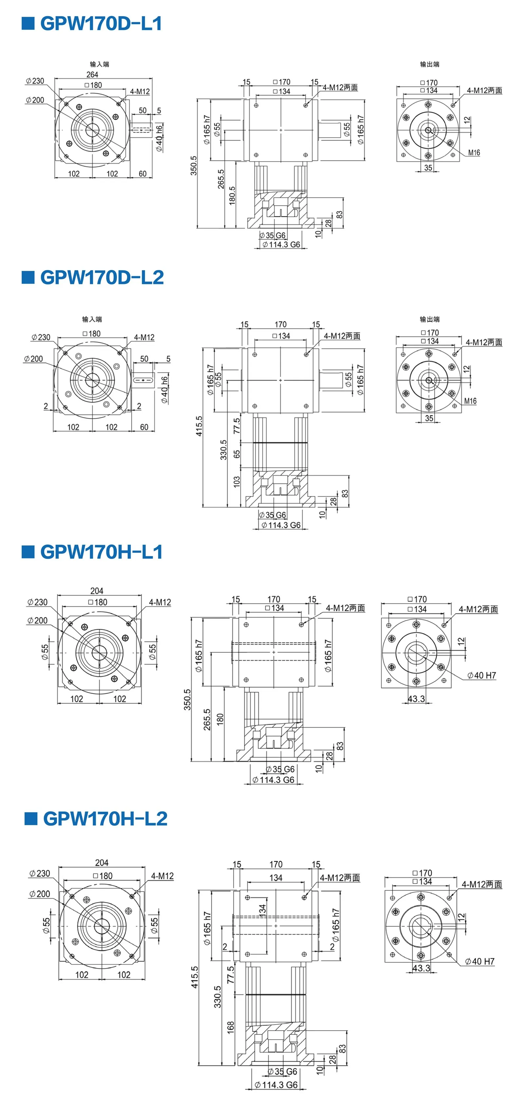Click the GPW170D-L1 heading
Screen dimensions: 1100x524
(x=101, y=24)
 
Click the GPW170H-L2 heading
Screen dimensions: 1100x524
(x=105, y=819)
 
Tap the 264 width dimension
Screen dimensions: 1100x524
(x=92, y=74)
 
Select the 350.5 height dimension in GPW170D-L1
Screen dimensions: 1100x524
(x=194, y=165)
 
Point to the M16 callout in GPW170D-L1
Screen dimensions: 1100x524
(x=474, y=152)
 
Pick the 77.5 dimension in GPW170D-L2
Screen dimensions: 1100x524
(x=236, y=426)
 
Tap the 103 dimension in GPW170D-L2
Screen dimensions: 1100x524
(x=236, y=482)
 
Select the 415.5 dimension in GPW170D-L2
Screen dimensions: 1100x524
(x=199, y=426)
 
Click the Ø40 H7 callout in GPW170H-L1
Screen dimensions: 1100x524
(x=482, y=675)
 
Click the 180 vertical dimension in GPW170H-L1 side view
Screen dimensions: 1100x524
(x=220, y=719)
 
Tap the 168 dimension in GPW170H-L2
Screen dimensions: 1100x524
(x=231, y=1027)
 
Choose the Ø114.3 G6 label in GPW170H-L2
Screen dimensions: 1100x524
(x=276, y=1085)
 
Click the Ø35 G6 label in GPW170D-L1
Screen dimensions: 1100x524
(x=272, y=235)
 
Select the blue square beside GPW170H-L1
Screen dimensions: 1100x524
(x=28, y=552)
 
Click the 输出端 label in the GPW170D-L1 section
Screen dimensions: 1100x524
(x=430, y=64)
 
